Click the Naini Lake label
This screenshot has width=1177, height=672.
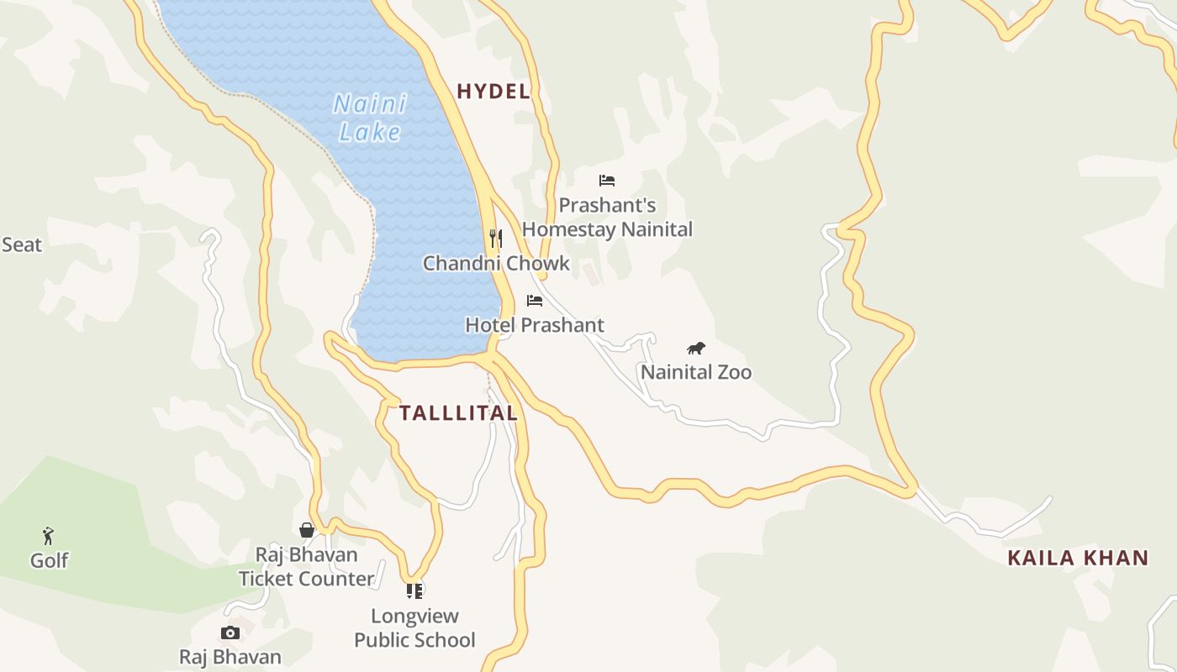point(370,118)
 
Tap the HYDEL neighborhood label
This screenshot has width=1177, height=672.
point(493,92)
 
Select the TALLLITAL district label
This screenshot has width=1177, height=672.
point(458,413)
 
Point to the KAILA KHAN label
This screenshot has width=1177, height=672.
point(1078,558)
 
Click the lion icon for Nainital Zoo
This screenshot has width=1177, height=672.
point(695,349)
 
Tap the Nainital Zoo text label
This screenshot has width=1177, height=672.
point(696,372)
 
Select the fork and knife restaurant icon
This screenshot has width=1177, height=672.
point(496,239)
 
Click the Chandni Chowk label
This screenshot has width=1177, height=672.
point(496,264)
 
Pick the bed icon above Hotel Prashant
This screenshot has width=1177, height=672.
point(535,301)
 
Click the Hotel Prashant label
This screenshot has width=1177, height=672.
point(535,325)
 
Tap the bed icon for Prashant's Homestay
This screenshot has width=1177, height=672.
point(607,181)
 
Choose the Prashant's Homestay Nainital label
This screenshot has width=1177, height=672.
point(607,218)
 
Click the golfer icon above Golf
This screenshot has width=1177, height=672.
point(49,536)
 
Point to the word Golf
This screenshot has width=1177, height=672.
point(49,560)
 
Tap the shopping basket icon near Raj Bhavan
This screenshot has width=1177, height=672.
point(307,530)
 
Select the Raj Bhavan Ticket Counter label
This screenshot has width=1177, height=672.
point(307,567)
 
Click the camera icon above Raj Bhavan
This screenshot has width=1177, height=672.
point(230,633)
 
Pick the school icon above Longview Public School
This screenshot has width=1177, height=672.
point(414,591)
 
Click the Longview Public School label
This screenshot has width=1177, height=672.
point(414,627)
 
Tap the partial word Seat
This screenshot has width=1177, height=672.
point(21,245)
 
